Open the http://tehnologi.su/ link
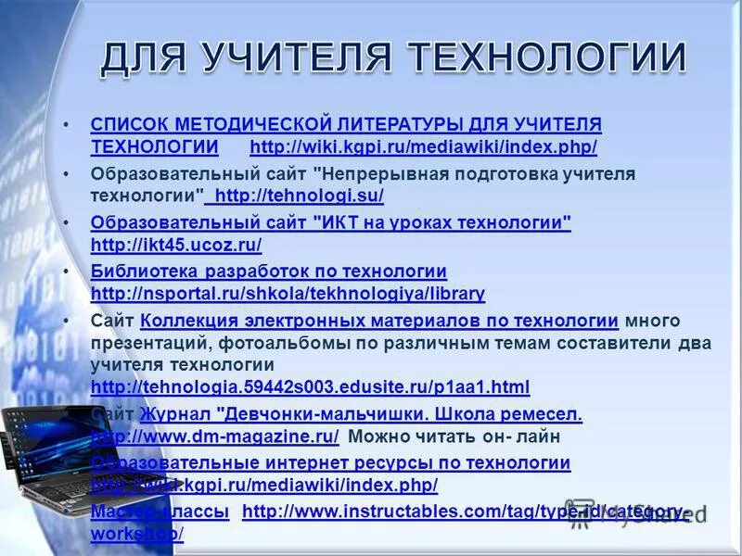coord(298,196)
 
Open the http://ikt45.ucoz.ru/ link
coord(176,246)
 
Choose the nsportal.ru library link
coord(288,294)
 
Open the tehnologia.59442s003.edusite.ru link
coord(311,386)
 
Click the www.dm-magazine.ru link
coord(215,436)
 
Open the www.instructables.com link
coord(464,512)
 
